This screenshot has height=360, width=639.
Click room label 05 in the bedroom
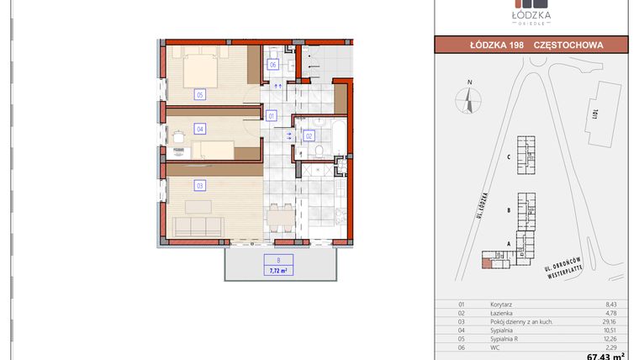click(x=200, y=94)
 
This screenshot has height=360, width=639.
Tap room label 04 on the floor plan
click(x=200, y=129)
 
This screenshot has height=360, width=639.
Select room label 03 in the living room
click(x=200, y=185)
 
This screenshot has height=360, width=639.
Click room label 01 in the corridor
click(x=272, y=115)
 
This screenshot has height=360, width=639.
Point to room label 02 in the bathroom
click(x=309, y=135)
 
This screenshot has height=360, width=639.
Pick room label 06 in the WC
click(x=273, y=65)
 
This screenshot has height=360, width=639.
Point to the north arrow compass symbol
click(x=467, y=98)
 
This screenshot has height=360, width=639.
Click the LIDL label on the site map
click(x=594, y=112)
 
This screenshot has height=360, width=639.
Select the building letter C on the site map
click(x=510, y=157)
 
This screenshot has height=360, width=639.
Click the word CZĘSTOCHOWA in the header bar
click(x=568, y=45)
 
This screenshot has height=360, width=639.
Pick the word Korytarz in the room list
click(x=502, y=304)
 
